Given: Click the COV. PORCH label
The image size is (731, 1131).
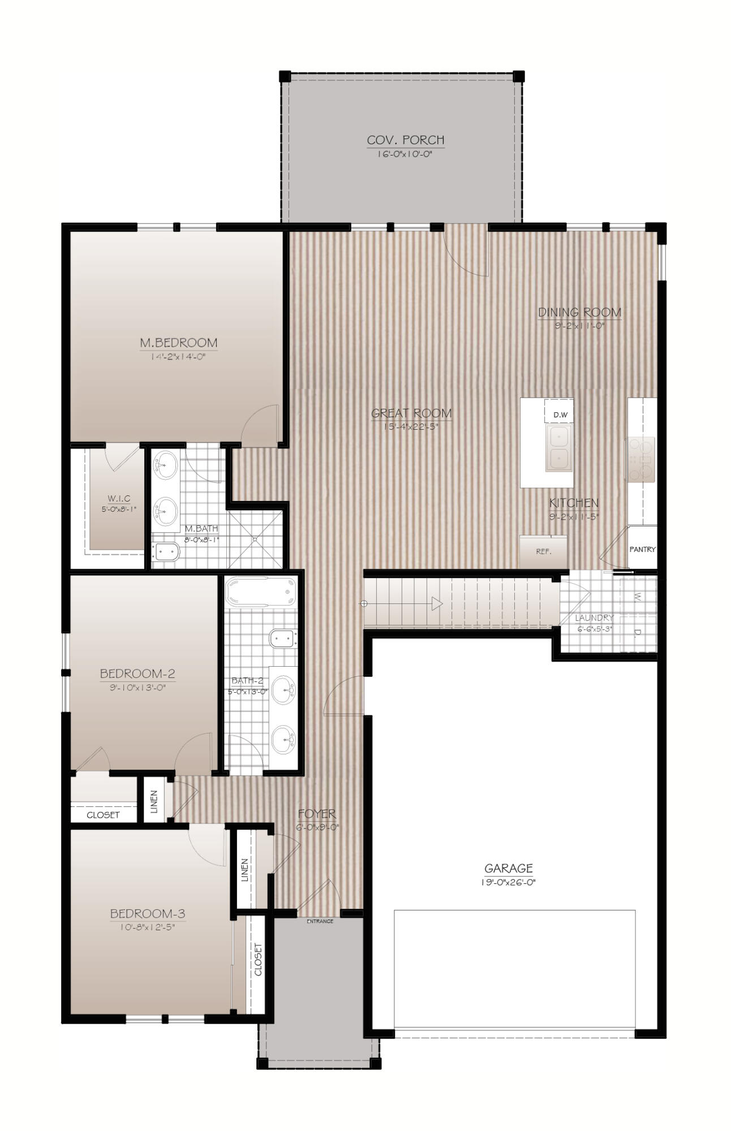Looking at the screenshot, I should click(405, 140).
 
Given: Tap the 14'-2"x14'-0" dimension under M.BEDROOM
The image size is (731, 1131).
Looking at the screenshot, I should click(178, 357).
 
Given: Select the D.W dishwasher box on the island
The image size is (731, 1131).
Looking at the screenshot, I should click(560, 415).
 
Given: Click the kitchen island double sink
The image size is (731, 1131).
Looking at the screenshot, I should click(558, 448).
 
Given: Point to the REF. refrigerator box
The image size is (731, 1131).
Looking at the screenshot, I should click(543, 551).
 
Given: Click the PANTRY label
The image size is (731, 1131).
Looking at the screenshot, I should click(642, 549).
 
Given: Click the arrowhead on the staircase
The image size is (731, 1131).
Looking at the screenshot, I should click(437, 604).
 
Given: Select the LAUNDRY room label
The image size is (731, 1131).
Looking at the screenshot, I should click(594, 618).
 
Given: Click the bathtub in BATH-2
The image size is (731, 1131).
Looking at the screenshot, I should click(261, 592).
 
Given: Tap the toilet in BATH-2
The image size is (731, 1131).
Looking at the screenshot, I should click(283, 638).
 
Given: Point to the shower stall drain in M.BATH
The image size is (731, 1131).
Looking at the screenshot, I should click(255, 539).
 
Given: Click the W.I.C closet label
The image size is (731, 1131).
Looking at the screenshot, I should click(119, 498).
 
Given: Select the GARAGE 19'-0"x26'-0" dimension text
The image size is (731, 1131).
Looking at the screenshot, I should click(508, 883).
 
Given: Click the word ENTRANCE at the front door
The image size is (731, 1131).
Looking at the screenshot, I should click(320, 921).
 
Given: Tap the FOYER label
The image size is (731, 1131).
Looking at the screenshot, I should click(317, 814).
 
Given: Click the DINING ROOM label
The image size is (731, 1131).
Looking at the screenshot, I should click(579, 312).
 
